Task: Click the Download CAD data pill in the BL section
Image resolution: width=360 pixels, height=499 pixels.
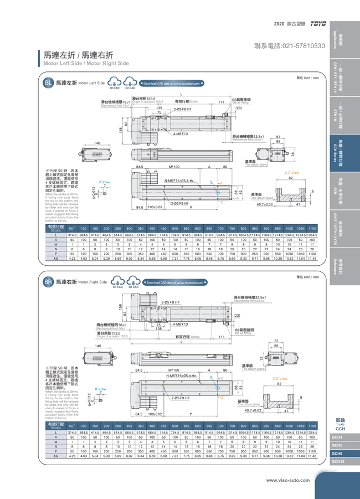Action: [172, 83]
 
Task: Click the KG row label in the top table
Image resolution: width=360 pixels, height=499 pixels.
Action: [55, 258]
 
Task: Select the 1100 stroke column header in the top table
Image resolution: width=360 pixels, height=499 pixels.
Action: [312, 228]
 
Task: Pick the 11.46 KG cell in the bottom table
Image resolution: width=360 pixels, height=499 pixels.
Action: [312, 456]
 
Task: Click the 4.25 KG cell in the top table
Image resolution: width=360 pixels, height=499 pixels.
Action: [72, 258]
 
